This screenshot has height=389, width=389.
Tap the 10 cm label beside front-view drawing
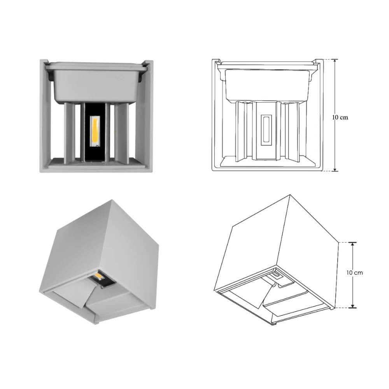click(340, 117)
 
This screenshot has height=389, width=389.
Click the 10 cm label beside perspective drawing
click(354, 273)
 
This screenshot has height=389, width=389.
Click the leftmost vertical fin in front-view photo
click(70, 132)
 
